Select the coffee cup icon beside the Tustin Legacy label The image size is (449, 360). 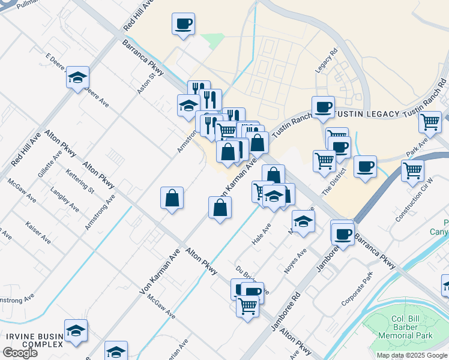[x=323, y=107]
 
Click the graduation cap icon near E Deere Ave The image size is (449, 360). [x=77, y=77]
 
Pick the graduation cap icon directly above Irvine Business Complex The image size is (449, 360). [x=76, y=331]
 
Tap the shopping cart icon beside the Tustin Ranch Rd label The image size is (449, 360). [x=430, y=122]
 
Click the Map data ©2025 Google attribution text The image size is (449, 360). [x=411, y=355]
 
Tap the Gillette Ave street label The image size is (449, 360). [x=49, y=164]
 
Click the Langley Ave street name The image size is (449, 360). [x=65, y=200]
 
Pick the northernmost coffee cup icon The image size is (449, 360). [x=184, y=25]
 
